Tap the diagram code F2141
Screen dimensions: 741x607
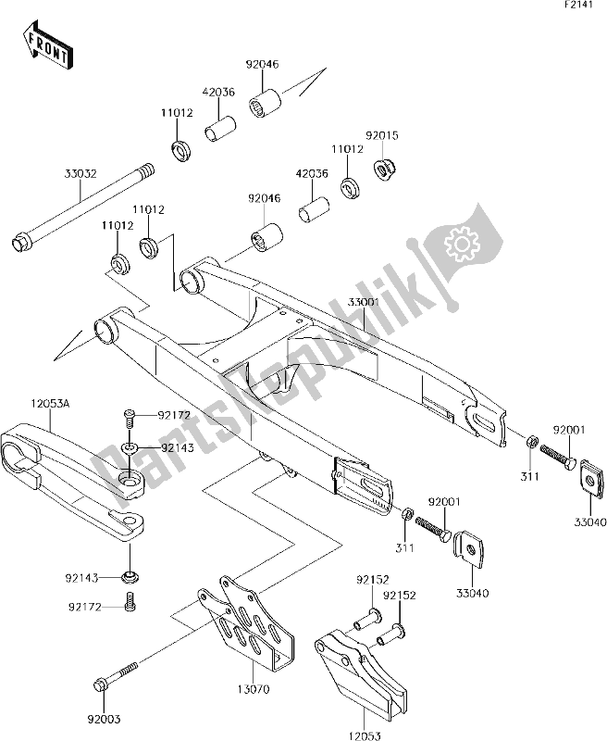coord(581,8)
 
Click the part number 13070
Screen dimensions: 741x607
coord(254,689)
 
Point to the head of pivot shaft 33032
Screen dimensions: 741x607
coord(19,245)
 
